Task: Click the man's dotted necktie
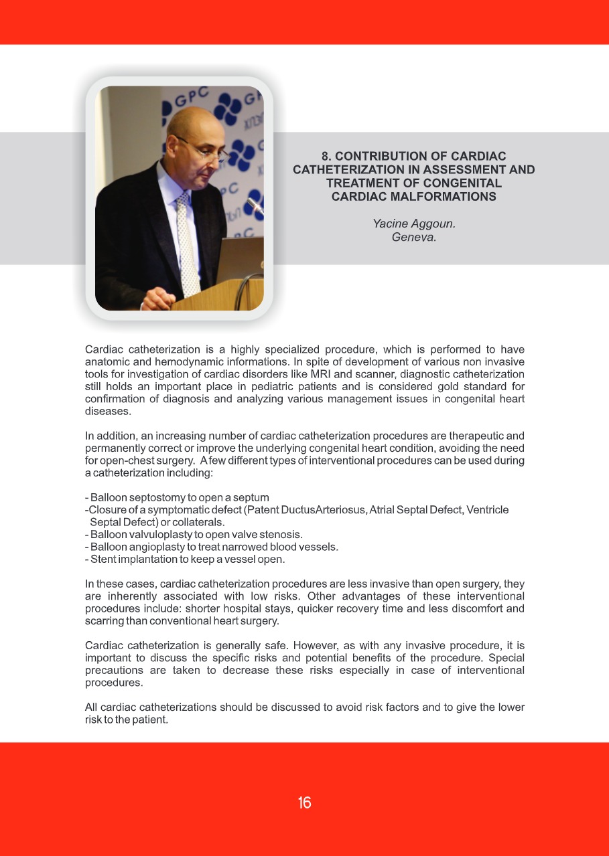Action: coord(187,241)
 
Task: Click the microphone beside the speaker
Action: coord(254,203)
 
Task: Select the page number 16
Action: coord(305,803)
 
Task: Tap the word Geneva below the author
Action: coord(413,236)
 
